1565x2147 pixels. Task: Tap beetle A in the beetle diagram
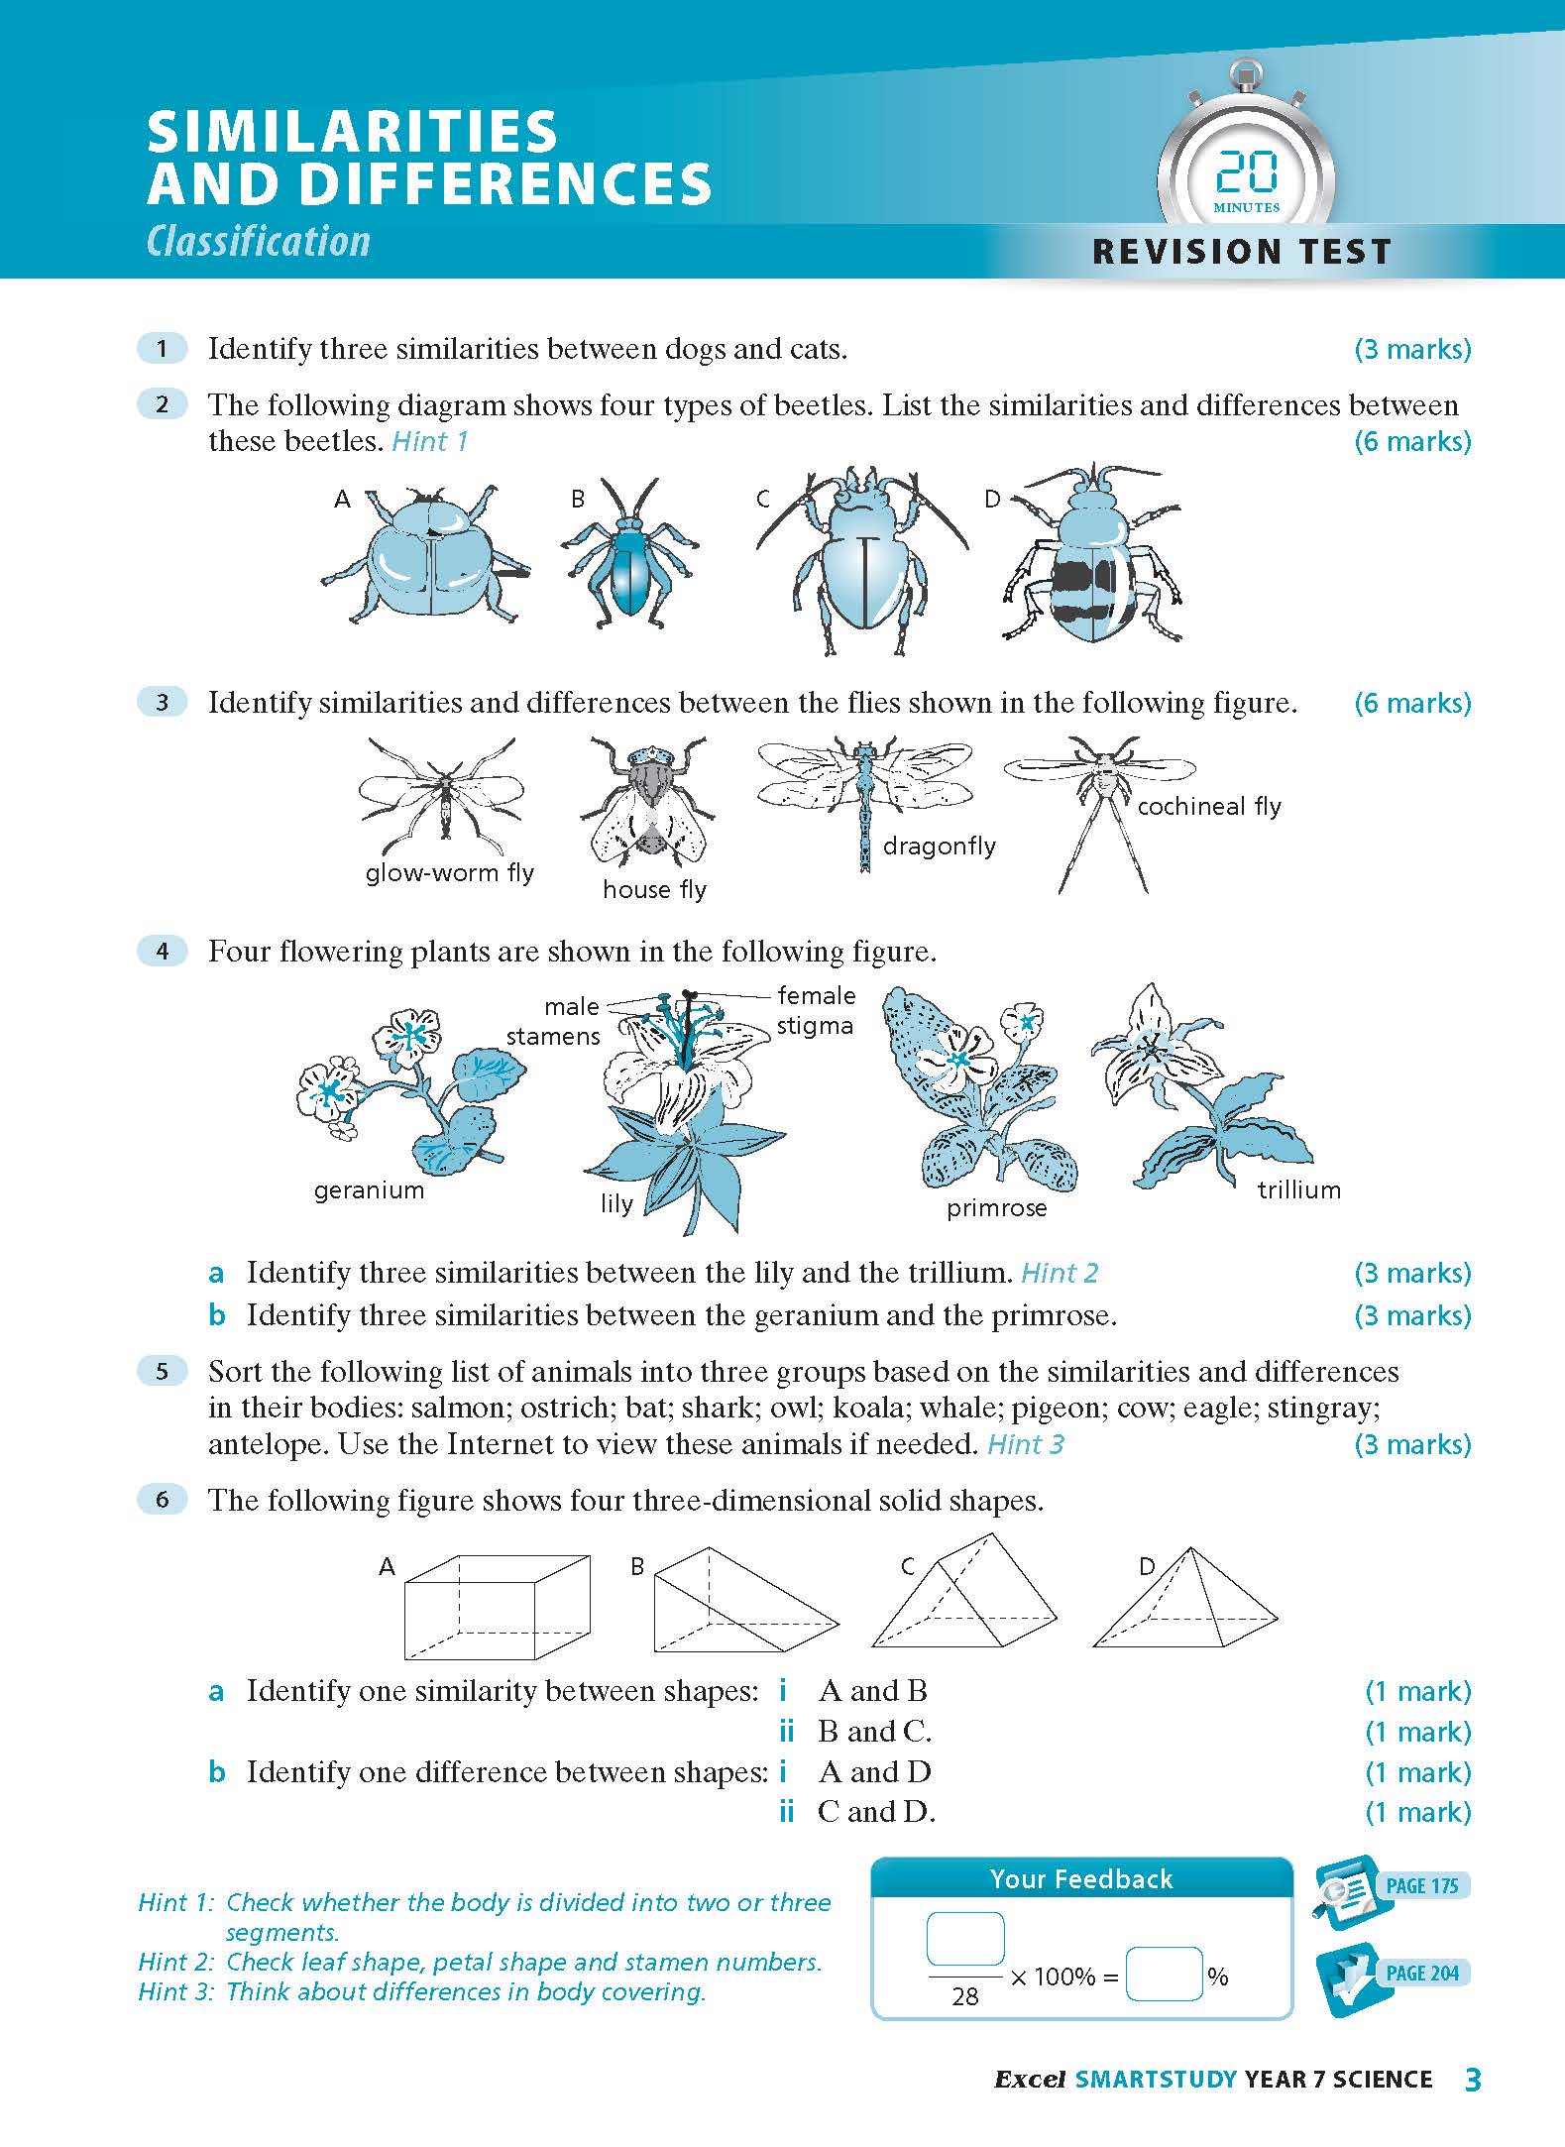pyautogui.click(x=426, y=556)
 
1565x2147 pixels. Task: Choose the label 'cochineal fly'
pyautogui.click(x=1208, y=807)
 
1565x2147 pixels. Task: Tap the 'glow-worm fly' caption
pyautogui.click(x=449, y=873)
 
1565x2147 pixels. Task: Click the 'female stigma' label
pyautogui.click(x=815, y=1010)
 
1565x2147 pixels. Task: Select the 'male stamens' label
pyautogui.click(x=553, y=1021)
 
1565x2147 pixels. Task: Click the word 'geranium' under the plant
pyautogui.click(x=369, y=1190)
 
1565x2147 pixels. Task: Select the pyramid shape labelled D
pyautogui.click(x=1184, y=1598)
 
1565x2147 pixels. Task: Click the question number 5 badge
pyautogui.click(x=163, y=1372)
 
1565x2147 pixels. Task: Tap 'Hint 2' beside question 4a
pyautogui.click(x=1060, y=1273)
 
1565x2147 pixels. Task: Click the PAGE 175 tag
pyautogui.click(x=1420, y=1885)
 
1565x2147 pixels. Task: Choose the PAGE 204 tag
pyautogui.click(x=1420, y=1973)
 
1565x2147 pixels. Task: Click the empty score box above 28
pyautogui.click(x=964, y=1938)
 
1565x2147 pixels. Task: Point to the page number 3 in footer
pyautogui.click(x=1472, y=2080)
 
